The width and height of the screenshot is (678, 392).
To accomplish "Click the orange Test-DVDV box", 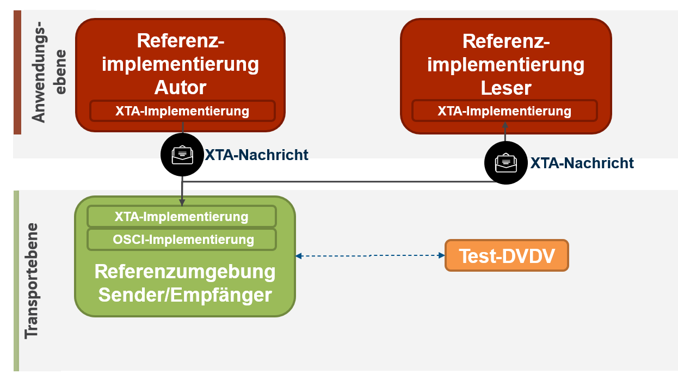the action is (507, 255).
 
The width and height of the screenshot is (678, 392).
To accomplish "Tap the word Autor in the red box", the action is (181, 88).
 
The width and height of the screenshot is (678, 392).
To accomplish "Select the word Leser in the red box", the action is (506, 88).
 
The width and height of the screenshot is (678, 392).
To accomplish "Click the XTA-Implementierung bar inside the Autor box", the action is (182, 111).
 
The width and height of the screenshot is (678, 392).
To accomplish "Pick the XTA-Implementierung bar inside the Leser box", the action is (504, 111).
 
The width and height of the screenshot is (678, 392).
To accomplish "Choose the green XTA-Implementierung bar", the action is (182, 216).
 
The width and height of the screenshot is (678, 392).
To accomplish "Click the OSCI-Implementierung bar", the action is (182, 240).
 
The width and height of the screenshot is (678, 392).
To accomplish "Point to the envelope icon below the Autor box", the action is (182, 155).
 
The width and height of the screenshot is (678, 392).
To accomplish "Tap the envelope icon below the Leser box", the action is (506, 163).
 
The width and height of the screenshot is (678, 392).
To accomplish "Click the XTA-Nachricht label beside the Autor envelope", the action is (256, 155).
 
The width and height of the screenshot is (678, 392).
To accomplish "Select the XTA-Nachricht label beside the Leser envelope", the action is (582, 163).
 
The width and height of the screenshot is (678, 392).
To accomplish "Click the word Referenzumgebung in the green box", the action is (185, 272).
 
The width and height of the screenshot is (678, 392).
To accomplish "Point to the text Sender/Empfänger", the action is (185, 295).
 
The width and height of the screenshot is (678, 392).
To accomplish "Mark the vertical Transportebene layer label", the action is (32, 281).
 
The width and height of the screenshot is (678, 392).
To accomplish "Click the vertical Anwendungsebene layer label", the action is (48, 72).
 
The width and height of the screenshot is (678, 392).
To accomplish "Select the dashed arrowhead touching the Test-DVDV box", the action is (442, 255).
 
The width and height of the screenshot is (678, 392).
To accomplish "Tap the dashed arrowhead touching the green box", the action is (299, 256).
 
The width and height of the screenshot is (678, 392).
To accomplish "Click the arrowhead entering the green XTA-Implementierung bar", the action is (182, 203).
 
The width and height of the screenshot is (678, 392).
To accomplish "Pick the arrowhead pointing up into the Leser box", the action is (505, 125).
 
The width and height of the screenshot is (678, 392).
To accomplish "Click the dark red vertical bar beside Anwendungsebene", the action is (17, 72).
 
